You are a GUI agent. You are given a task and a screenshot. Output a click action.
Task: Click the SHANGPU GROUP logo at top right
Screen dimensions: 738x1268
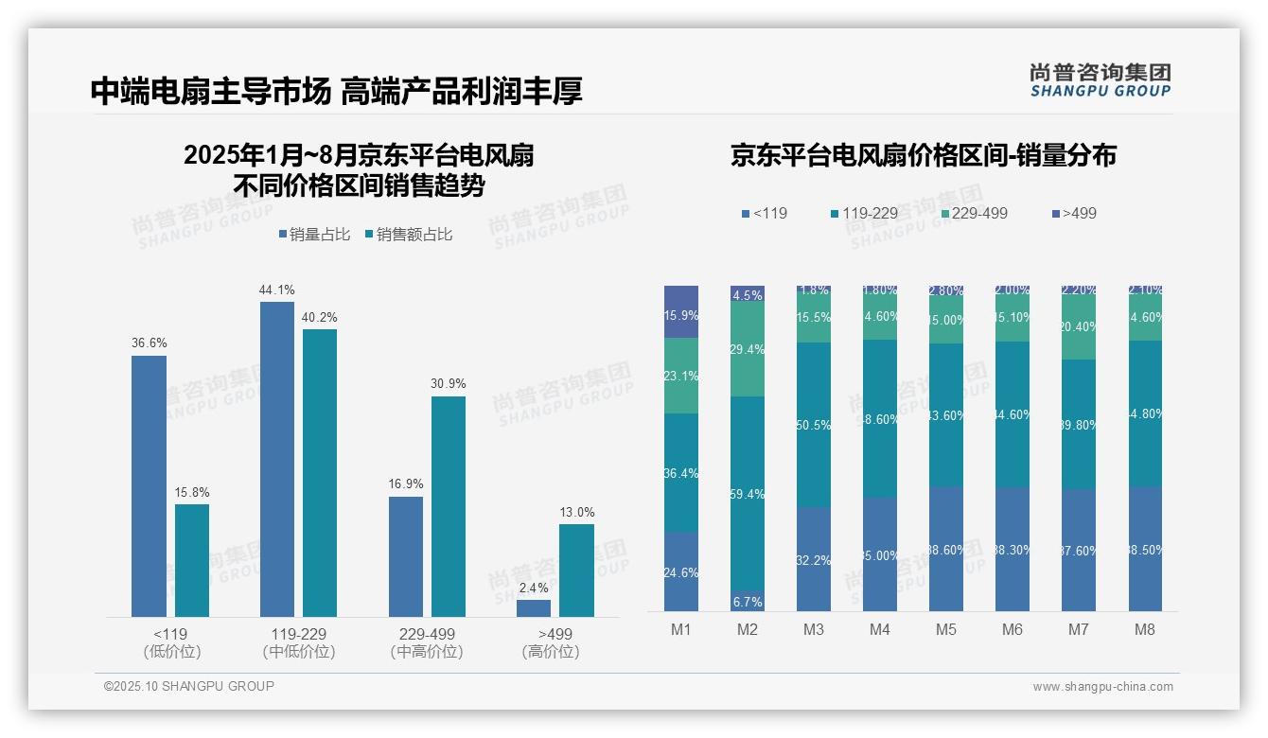(1100, 80)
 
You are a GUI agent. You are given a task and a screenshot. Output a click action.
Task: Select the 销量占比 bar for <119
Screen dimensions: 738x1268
(149, 486)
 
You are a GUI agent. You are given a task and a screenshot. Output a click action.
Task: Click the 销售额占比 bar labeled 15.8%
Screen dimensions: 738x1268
(192, 560)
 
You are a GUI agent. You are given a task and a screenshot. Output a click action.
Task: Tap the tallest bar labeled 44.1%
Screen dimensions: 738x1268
(276, 459)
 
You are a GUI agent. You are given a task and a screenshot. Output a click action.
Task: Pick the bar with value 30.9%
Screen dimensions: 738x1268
(449, 506)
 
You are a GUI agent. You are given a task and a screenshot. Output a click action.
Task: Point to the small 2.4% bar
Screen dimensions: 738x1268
(534, 608)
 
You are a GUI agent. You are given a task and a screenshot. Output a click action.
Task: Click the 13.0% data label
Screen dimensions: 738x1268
(577, 513)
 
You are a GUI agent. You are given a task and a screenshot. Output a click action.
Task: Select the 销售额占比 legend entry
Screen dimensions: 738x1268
(408, 235)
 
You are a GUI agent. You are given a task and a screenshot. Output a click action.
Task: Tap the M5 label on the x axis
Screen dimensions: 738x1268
(946, 630)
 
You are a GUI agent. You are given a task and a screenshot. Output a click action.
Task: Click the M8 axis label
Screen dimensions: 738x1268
(1145, 630)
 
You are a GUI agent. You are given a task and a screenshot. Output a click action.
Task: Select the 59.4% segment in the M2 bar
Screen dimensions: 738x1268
(748, 494)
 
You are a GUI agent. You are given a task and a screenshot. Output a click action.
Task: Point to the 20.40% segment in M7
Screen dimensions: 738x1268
(1079, 326)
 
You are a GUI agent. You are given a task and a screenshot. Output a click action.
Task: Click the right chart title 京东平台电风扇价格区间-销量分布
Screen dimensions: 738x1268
(923, 155)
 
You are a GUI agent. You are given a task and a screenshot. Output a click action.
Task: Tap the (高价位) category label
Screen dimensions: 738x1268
(550, 652)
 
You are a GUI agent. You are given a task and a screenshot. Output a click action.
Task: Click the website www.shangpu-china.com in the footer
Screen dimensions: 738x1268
(1102, 687)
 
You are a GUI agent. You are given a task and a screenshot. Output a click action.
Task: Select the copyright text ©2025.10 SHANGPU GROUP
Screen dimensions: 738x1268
(189, 686)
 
